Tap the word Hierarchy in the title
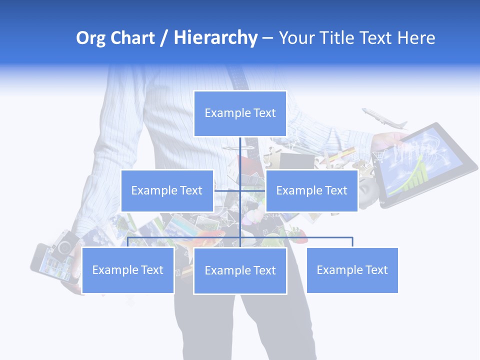(215, 38)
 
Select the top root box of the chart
(240, 113)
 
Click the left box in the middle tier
(167, 190)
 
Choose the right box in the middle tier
(311, 190)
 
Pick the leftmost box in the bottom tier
(127, 270)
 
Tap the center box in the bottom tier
(240, 270)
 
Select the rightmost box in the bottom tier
(352, 270)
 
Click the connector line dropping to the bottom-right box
(352, 242)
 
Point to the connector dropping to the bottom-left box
(128, 242)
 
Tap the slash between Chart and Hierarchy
(164, 38)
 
